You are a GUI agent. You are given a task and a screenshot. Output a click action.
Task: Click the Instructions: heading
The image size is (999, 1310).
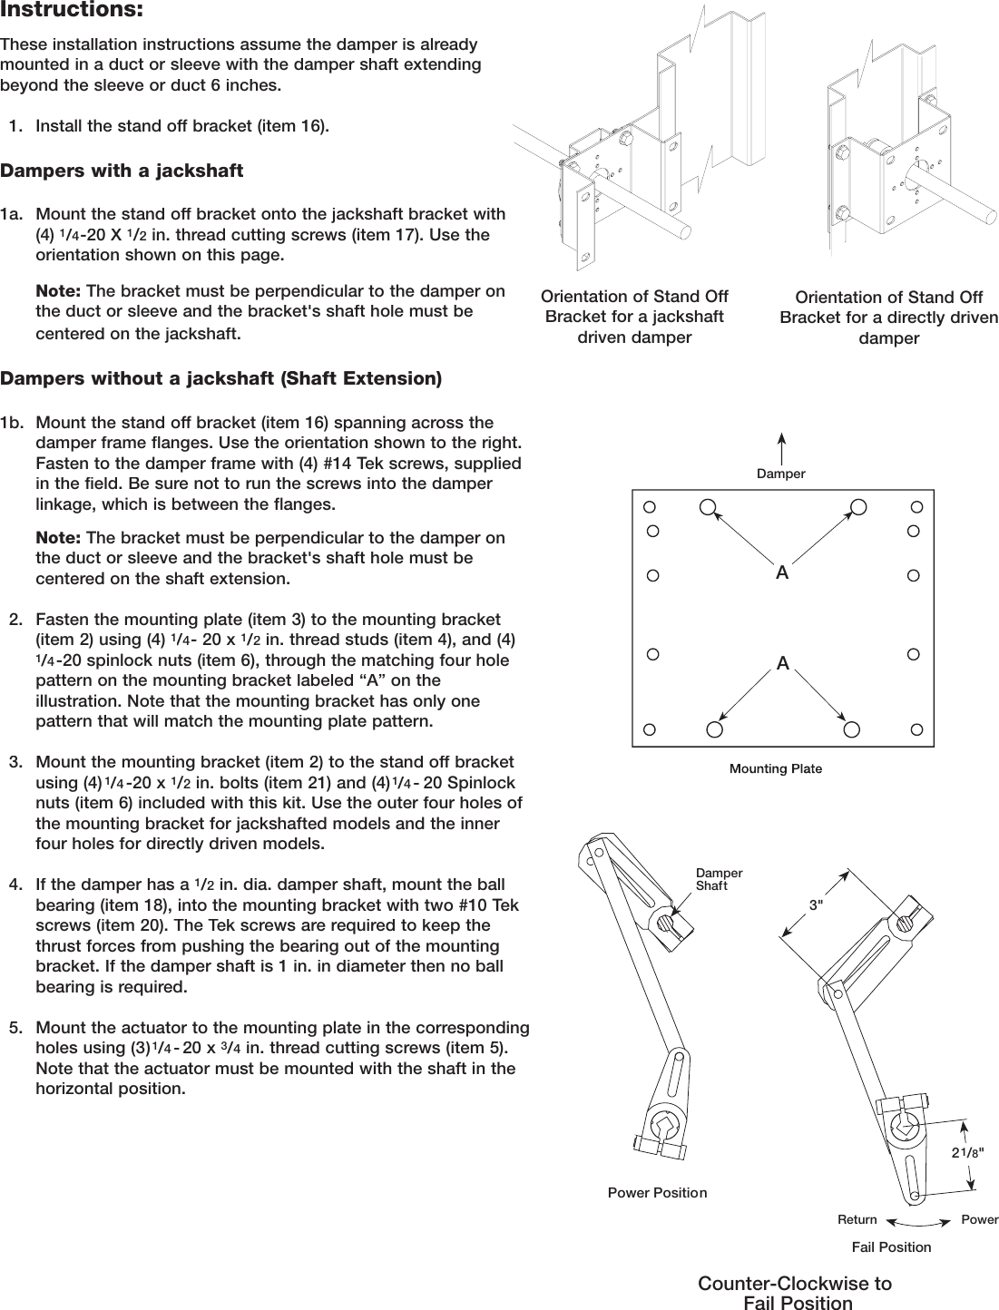[x=72, y=12]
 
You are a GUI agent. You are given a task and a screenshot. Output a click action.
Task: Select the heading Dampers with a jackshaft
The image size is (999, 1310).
[x=122, y=171]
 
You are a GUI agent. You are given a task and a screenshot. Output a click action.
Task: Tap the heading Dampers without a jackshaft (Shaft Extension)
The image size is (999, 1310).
[x=221, y=378]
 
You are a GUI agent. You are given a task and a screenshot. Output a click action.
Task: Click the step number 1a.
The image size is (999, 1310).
[x=13, y=215]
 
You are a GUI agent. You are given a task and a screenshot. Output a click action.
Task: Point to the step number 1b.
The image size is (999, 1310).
[x=13, y=423]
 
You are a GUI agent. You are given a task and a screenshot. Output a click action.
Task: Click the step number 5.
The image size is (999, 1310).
[x=16, y=1028]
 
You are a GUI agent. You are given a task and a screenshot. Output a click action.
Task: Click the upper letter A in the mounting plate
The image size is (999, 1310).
[x=781, y=573]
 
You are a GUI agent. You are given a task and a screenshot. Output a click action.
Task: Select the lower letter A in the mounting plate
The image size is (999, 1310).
[x=781, y=664]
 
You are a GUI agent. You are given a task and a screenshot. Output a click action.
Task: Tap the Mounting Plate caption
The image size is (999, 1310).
[x=776, y=768]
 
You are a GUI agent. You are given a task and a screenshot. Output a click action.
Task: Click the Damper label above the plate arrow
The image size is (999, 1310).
[x=781, y=474]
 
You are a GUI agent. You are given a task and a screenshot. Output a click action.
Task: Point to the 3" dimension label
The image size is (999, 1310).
[x=817, y=904]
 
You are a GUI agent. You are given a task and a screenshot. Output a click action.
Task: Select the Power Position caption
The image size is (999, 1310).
[x=657, y=1192]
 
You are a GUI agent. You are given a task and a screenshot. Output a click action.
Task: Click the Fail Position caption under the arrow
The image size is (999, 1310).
[x=891, y=1246]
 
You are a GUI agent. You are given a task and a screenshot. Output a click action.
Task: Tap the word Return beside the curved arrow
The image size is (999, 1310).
[x=857, y=1219]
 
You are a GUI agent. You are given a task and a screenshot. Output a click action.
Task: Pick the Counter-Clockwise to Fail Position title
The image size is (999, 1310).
[x=795, y=1294]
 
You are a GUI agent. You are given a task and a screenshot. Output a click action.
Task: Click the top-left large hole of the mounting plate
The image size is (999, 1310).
[x=708, y=506]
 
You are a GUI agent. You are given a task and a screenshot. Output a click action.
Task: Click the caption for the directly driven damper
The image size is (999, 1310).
[x=888, y=318]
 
